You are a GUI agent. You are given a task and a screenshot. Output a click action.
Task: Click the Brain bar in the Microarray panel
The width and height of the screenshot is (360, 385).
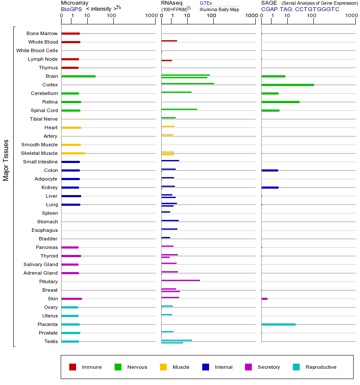tap(78, 76)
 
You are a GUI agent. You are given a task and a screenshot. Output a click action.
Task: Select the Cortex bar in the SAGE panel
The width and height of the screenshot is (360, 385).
tap(287, 85)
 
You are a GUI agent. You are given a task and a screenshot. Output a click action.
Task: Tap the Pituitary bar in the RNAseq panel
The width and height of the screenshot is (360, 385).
tap(180, 280)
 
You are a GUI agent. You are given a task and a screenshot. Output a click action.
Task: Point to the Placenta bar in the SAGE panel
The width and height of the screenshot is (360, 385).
tap(278, 324)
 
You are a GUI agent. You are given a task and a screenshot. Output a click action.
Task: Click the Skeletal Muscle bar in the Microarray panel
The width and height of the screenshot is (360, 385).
tap(73, 153)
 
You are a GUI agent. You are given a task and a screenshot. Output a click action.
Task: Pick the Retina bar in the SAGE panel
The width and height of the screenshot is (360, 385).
tap(280, 102)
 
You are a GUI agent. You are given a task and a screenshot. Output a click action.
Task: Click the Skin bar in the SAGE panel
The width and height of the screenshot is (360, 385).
tap(264, 299)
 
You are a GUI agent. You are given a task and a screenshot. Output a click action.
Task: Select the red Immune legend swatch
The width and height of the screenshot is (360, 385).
tap(73, 367)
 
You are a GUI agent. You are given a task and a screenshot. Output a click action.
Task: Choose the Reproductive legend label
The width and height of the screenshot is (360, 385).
tap(321, 367)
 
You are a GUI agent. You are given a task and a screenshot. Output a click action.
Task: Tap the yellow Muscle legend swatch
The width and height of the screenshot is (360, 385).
tap(163, 367)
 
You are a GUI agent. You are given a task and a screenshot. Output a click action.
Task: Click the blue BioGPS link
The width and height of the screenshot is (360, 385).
tap(71, 9)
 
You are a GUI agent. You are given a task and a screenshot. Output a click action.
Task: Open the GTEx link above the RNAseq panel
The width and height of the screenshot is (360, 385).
tap(206, 3)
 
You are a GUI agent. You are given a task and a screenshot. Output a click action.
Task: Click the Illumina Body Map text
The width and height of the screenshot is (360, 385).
tap(219, 9)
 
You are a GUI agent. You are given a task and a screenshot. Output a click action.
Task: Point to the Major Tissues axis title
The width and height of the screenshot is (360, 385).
tap(6, 160)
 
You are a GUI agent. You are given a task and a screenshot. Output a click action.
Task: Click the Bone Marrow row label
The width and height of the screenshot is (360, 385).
tap(42, 33)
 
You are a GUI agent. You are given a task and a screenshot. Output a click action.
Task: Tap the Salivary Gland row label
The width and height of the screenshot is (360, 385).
tap(41, 264)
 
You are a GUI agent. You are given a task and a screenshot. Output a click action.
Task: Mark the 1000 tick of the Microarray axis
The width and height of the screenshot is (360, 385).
tap(150, 16)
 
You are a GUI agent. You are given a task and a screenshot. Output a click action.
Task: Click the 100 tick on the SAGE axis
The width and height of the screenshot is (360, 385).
tap(312, 16)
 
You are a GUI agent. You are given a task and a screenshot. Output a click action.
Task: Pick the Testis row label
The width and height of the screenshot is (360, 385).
tap(51, 341)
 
